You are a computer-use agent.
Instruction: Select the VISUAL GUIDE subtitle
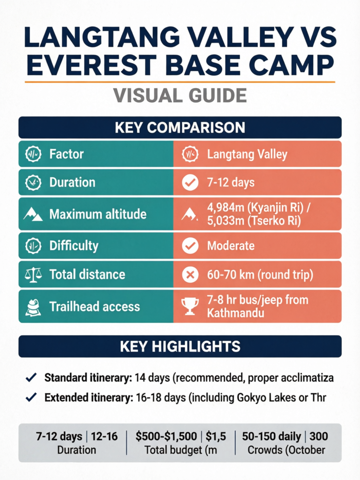(180, 95)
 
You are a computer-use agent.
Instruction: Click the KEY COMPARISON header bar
(180, 127)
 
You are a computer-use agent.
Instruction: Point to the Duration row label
(72, 182)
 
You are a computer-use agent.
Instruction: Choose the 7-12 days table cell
(231, 182)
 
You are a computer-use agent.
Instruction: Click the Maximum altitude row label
(98, 214)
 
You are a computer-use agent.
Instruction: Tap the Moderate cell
(231, 246)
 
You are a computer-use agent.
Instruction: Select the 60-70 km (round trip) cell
(260, 275)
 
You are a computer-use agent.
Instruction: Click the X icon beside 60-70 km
(190, 275)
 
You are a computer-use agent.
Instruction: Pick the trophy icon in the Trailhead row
(190, 306)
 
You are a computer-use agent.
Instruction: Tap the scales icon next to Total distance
(32, 275)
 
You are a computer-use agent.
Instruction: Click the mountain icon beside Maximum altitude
(32, 215)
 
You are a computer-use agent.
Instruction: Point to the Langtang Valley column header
(247, 154)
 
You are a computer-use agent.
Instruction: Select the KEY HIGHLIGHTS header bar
(180, 346)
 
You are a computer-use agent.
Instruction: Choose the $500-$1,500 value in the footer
(166, 436)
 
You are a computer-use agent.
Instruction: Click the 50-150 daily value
(271, 436)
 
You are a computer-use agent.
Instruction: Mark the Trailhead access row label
(94, 307)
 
